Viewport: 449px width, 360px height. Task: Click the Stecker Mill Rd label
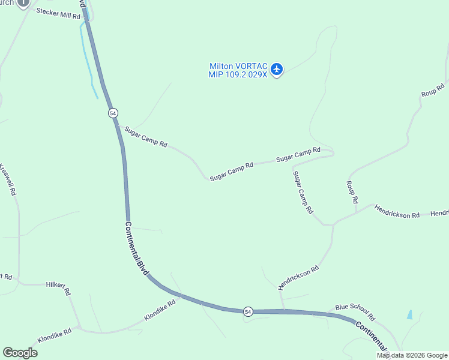tap(58, 14)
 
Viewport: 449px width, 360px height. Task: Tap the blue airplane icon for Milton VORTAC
tap(277, 70)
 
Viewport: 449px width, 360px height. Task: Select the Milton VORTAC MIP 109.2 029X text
tap(238, 70)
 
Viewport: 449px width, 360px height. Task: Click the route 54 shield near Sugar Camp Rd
tap(113, 113)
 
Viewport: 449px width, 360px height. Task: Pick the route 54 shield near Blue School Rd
tap(248, 311)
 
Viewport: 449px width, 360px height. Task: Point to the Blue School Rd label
tap(355, 311)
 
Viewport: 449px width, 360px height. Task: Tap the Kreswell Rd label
tap(8, 180)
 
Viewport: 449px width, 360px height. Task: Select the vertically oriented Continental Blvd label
tap(137, 250)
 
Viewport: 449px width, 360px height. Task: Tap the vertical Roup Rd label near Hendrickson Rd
tap(352, 191)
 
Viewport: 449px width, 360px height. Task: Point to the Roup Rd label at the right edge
tap(432, 90)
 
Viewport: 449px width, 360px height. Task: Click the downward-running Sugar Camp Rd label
tap(303, 193)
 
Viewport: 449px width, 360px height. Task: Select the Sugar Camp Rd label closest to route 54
tap(146, 137)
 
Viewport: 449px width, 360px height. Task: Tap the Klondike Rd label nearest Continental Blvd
tap(159, 310)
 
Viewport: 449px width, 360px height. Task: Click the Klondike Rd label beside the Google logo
tap(55, 335)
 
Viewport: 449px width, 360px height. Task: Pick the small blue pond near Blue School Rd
tap(409, 314)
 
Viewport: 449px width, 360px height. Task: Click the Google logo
tap(20, 353)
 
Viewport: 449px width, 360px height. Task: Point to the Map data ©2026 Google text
tap(412, 355)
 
